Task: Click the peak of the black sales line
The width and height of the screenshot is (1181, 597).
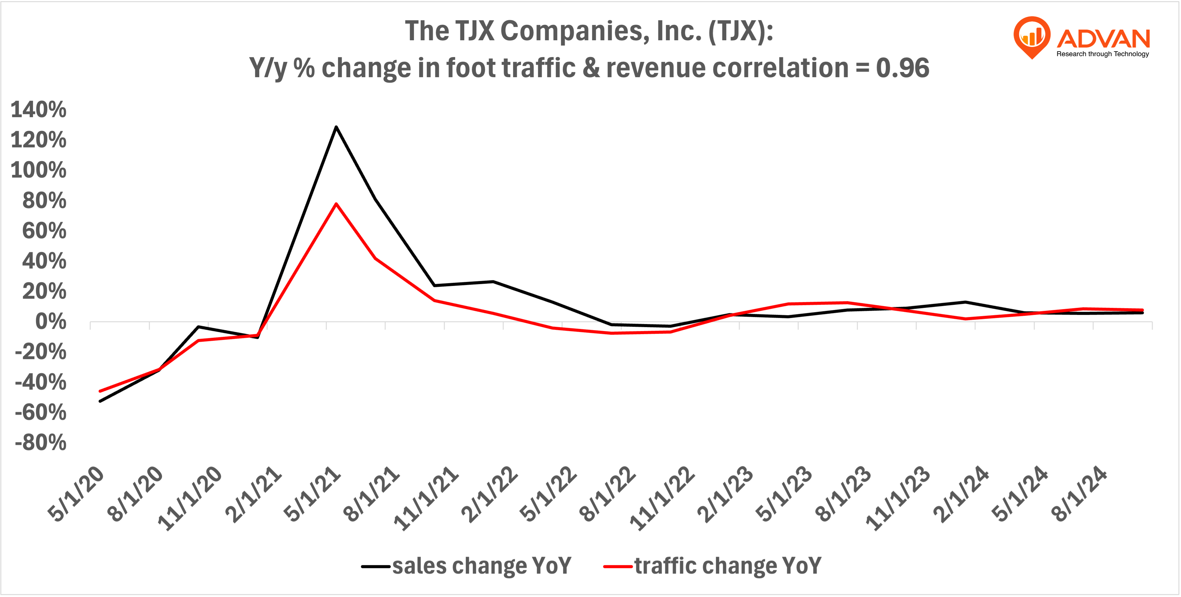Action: pyautogui.click(x=336, y=127)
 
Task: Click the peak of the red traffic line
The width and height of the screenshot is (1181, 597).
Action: pyautogui.click(x=336, y=203)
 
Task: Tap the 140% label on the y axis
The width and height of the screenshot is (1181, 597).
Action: pyautogui.click(x=38, y=110)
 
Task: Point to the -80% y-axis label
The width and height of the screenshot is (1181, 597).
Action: pyautogui.click(x=40, y=443)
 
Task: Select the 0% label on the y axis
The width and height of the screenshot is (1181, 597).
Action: pyautogui.click(x=50, y=322)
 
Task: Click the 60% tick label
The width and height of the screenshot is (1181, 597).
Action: pyautogui.click(x=44, y=231)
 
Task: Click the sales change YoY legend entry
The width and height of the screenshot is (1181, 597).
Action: pyautogui.click(x=467, y=566)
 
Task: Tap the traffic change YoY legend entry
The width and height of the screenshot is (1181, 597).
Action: pyautogui.click(x=713, y=566)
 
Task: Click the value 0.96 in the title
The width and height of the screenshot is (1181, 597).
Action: pyautogui.click(x=902, y=68)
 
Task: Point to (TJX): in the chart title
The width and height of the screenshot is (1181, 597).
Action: pyautogui.click(x=741, y=31)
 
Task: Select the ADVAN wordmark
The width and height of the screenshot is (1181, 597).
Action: pyautogui.click(x=1103, y=38)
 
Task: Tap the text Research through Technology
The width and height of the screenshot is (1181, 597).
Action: pyautogui.click(x=1103, y=54)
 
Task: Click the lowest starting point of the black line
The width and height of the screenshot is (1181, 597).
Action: pyautogui.click(x=100, y=401)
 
